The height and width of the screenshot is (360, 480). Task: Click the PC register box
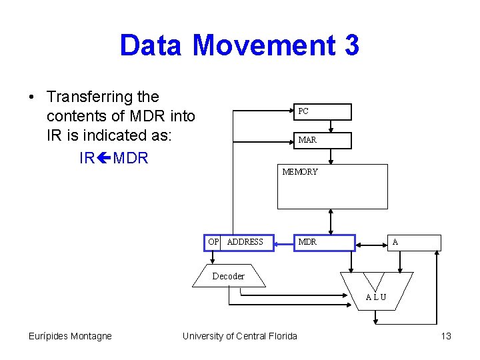[323, 111]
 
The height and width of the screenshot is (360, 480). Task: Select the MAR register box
[323, 140]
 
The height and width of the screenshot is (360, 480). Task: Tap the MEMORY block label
[300, 172]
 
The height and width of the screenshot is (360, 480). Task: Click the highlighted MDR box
[325, 242]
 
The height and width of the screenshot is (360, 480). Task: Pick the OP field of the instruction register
[213, 242]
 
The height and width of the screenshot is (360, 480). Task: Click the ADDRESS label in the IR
[245, 242]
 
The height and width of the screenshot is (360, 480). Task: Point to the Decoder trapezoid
[229, 276]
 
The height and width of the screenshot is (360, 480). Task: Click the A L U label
[376, 297]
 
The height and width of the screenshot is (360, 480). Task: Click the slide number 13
[446, 336]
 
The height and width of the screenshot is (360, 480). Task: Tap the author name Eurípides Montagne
[70, 336]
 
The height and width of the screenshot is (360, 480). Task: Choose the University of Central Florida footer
[240, 336]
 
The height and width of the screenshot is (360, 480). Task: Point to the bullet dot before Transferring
[32, 97]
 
